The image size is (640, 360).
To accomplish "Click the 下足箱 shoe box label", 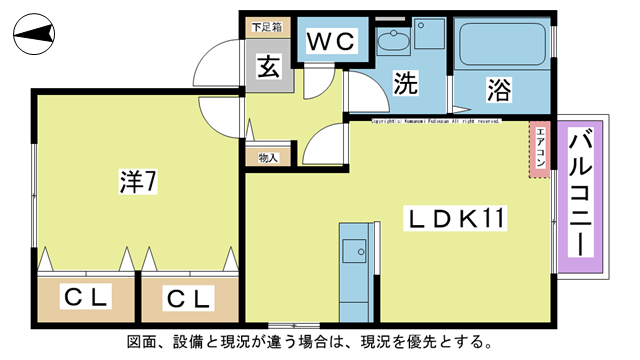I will (x=266, y=27).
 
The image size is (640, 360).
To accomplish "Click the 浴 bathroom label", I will (x=499, y=90).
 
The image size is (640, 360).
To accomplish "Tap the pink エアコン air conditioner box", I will (x=540, y=149).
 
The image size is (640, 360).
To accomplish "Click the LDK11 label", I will (x=456, y=217).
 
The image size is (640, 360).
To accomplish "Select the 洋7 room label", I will (x=137, y=182).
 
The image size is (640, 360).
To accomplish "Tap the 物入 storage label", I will (x=268, y=157).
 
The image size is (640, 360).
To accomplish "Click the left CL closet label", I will (x=86, y=297).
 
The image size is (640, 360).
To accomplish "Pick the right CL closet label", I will (x=189, y=297).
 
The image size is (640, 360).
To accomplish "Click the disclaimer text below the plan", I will (x=310, y=342).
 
